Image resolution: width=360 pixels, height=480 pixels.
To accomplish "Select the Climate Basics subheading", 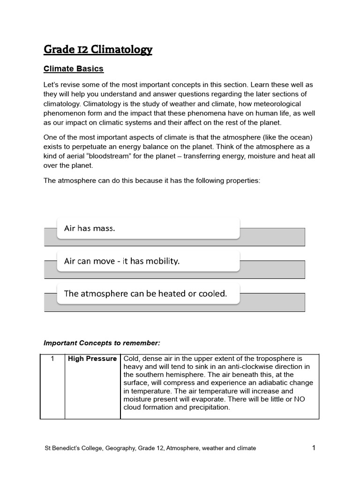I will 73,69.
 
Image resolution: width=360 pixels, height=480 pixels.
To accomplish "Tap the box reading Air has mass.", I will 148,229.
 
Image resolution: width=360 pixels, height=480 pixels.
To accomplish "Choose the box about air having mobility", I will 148,261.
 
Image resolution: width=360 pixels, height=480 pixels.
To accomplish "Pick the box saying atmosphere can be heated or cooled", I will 148,294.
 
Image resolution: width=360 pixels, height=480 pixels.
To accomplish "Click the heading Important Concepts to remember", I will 102,343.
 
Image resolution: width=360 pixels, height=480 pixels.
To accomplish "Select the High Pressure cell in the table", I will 92,359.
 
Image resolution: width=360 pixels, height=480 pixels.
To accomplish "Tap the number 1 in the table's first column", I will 52,359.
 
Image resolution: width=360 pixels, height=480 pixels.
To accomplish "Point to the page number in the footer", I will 314,448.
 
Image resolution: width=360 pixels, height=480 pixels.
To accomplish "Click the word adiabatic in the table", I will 267,383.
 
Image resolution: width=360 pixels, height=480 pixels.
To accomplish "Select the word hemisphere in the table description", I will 190,375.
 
